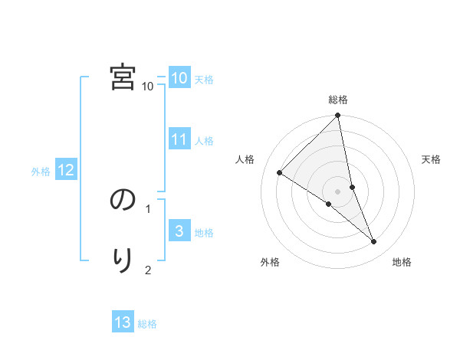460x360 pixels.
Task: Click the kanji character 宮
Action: click(x=123, y=77)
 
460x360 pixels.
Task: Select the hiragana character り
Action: click(x=123, y=260)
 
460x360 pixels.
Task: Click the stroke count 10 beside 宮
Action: click(x=148, y=87)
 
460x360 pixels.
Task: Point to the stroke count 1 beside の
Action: click(x=148, y=208)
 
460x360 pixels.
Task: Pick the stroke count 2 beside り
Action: click(x=148, y=270)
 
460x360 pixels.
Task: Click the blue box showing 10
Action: click(x=179, y=78)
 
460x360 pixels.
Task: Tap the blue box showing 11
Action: click(x=179, y=139)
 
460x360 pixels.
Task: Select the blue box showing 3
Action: click(x=179, y=231)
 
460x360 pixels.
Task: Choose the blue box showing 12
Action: click(x=66, y=171)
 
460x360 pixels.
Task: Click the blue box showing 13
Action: click(x=123, y=322)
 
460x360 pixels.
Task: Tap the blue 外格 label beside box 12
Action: click(x=41, y=172)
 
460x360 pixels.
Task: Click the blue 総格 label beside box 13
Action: click(x=147, y=324)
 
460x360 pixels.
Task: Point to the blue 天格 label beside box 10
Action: click(x=204, y=80)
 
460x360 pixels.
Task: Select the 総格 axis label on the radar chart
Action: click(x=338, y=100)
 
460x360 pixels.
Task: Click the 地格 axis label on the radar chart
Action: click(x=402, y=262)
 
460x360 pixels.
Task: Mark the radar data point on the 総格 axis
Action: click(x=338, y=116)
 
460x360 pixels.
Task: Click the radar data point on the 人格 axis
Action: click(x=280, y=173)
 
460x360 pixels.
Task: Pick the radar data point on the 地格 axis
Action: click(x=374, y=241)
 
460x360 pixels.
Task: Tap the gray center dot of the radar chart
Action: click(x=338, y=191)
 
